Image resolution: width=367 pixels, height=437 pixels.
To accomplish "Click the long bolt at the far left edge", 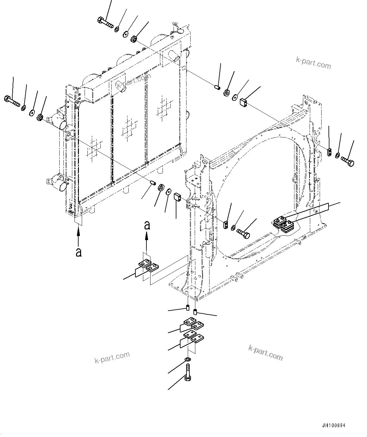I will click(x=12, y=101).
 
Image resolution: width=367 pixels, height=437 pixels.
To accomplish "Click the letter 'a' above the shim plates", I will click(x=147, y=225).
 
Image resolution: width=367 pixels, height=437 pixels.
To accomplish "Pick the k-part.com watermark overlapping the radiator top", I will click(x=133, y=81).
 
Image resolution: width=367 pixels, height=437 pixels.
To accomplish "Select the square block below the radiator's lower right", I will click(x=177, y=197).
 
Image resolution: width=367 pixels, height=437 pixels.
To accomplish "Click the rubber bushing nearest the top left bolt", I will click(x=134, y=39).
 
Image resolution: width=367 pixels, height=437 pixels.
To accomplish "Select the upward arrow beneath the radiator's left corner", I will click(x=78, y=235).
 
